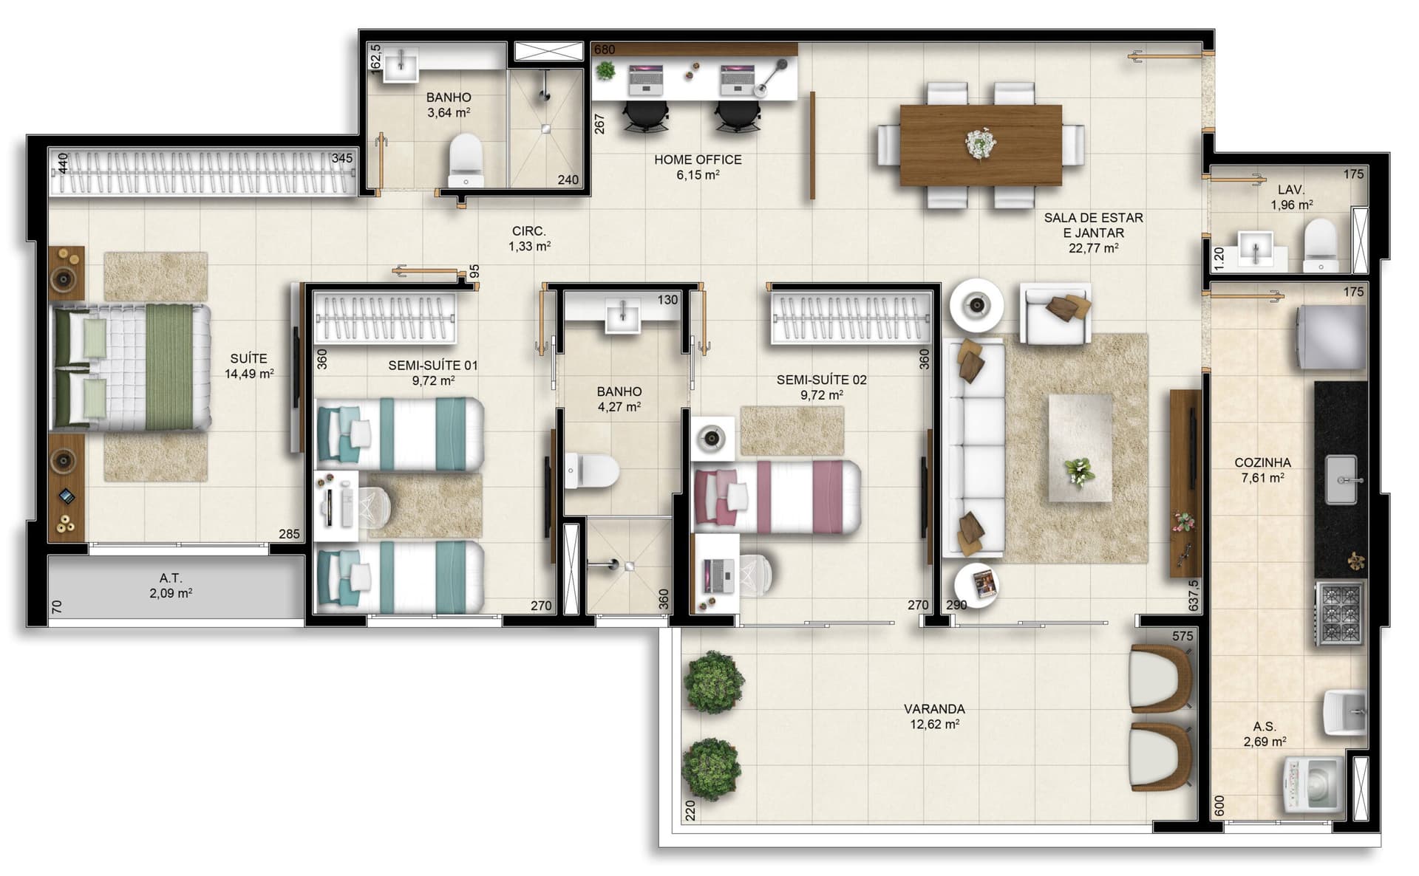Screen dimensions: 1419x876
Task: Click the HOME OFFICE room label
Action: (698, 160)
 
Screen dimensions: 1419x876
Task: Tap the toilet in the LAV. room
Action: (1321, 244)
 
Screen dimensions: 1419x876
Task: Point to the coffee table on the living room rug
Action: (1081, 448)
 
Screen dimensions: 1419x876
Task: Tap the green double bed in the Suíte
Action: (130, 367)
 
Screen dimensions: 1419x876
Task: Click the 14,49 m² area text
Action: (249, 374)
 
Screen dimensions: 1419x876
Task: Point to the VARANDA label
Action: (934, 709)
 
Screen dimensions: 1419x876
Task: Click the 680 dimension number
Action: (605, 50)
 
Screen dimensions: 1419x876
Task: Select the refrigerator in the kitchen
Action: (1331, 338)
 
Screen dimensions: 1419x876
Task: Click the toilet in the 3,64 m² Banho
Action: (466, 160)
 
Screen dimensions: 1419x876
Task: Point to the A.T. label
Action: (171, 578)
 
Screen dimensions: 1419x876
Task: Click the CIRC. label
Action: (529, 231)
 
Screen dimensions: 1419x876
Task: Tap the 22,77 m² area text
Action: (1093, 248)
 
